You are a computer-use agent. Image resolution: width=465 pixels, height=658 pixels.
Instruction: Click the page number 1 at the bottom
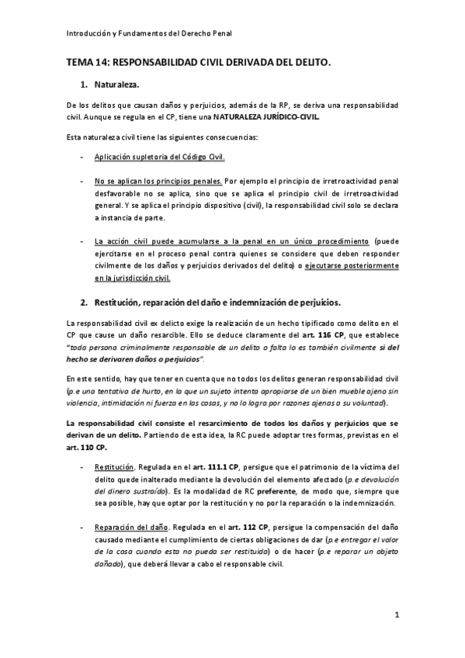pyautogui.click(x=396, y=616)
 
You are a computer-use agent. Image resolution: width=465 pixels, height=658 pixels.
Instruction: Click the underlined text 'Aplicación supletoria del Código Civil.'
pyautogui.click(x=159, y=158)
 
